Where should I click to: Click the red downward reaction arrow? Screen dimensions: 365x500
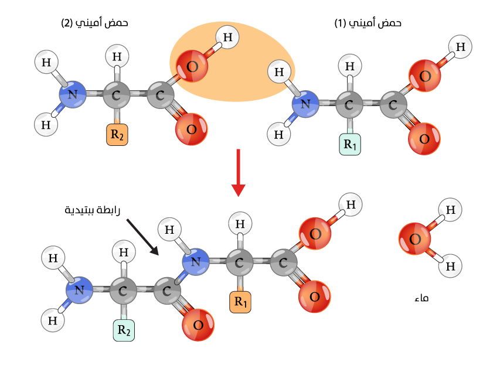(x=238, y=173)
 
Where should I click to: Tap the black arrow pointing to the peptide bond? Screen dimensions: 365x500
(x=142, y=237)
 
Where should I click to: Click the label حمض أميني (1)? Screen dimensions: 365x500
(x=368, y=23)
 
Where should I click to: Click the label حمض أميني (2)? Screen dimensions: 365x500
(x=94, y=23)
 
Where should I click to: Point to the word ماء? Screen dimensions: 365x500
(x=421, y=298)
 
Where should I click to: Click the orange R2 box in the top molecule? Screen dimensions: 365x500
(x=117, y=135)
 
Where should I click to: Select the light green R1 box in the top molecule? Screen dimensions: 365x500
(x=350, y=145)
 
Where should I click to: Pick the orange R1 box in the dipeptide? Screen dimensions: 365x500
(x=240, y=302)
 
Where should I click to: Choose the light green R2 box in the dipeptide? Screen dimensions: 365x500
(x=124, y=330)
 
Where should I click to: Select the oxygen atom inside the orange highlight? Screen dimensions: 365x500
(x=191, y=66)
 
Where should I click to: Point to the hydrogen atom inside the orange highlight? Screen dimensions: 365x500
(x=227, y=38)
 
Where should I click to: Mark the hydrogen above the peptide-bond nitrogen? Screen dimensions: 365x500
(x=170, y=230)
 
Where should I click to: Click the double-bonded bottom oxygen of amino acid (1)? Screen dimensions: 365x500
(x=424, y=139)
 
